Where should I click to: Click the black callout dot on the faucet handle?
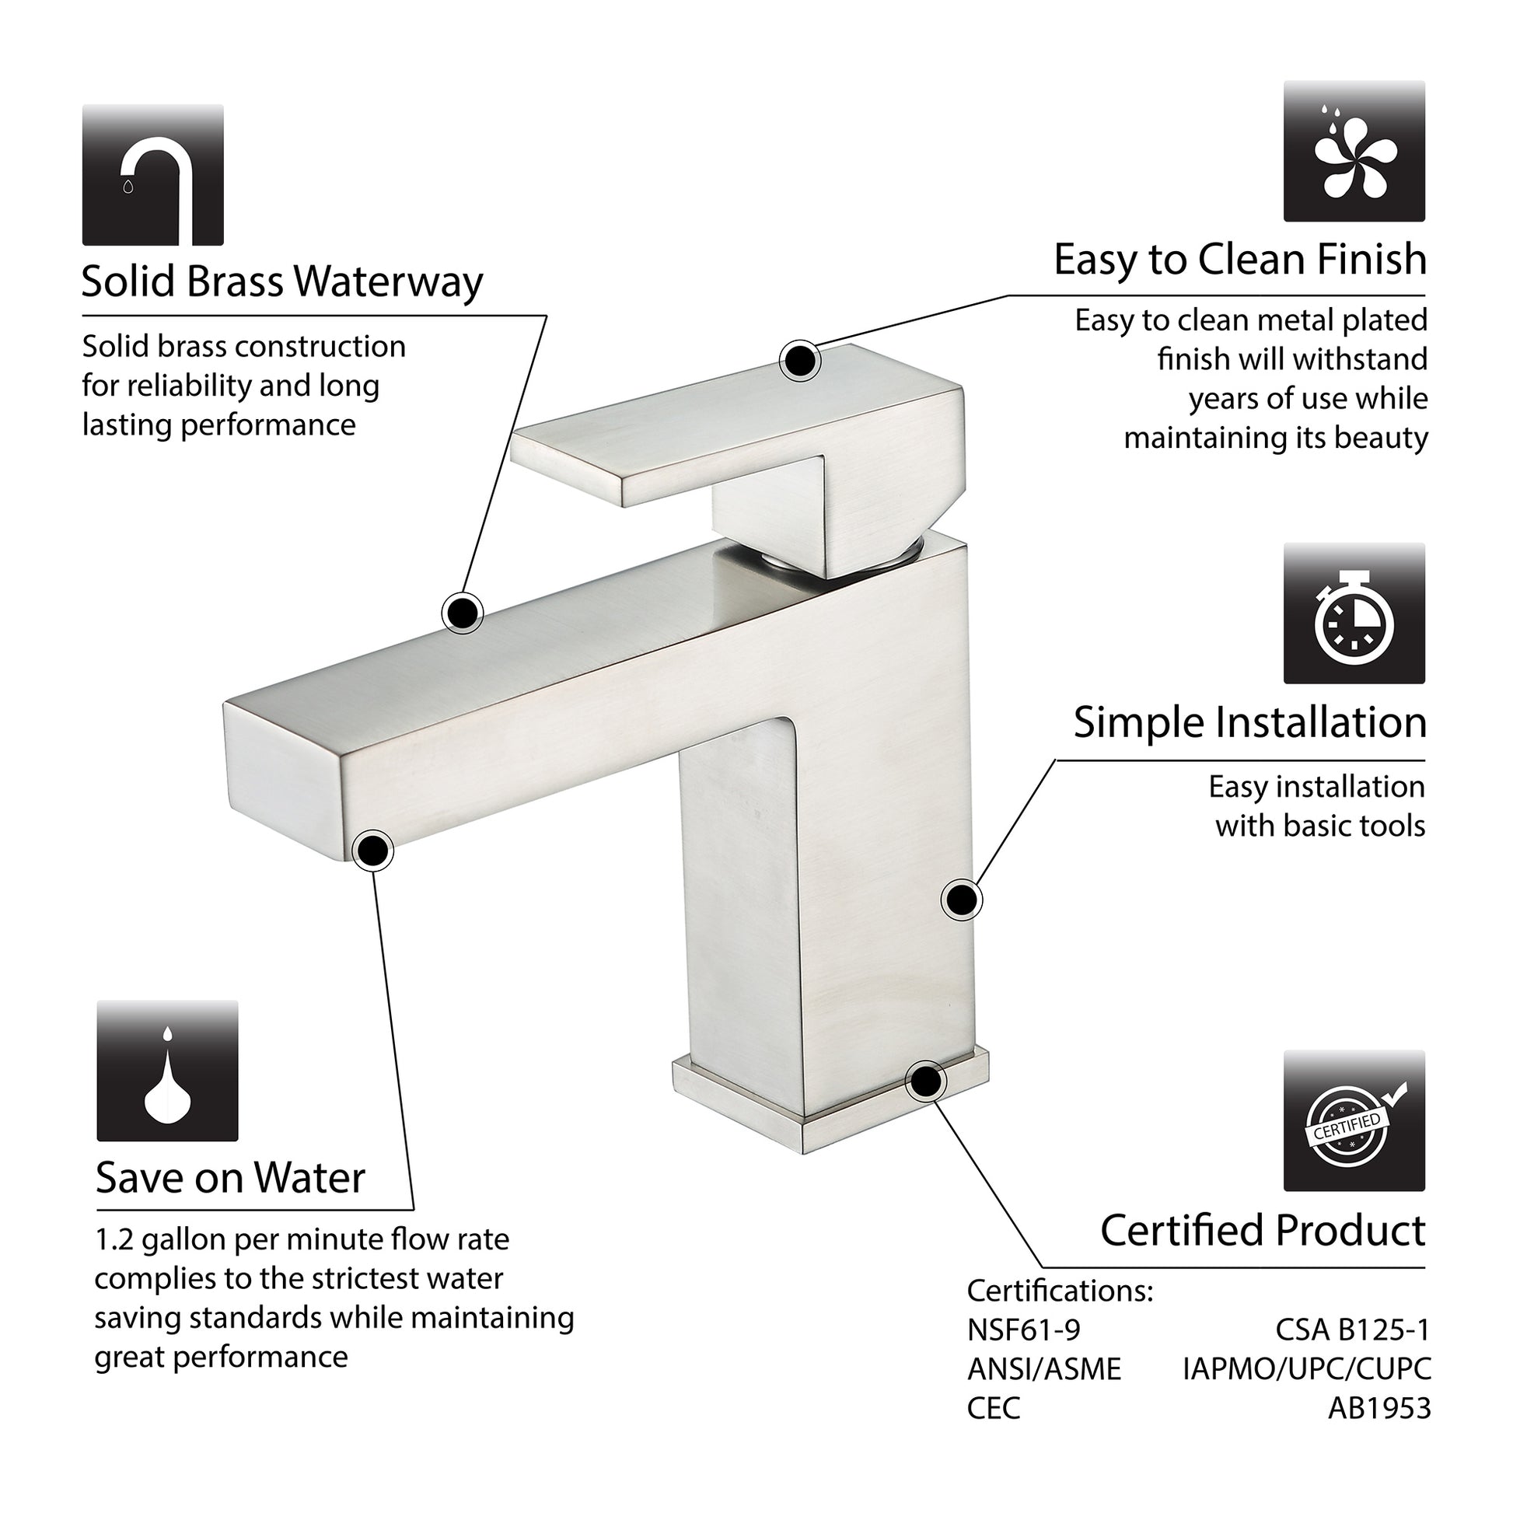[x=799, y=361]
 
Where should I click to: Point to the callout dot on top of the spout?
[x=463, y=612]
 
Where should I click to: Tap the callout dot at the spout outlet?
[x=373, y=851]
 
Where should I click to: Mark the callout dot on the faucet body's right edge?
[x=961, y=900]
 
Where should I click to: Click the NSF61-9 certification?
[x=1023, y=1330]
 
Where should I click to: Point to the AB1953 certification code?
[x=1380, y=1408]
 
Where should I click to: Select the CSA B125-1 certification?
[x=1353, y=1330]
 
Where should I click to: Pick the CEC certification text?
[x=994, y=1408]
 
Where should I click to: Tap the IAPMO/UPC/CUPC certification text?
[x=1307, y=1369]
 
